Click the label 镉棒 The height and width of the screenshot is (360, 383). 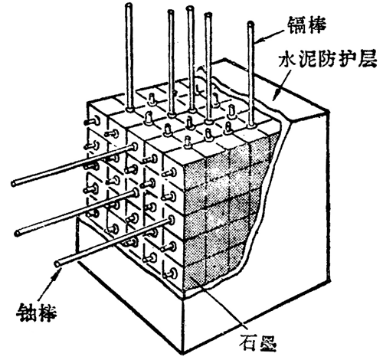(x=306, y=25)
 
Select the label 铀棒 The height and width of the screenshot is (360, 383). (x=36, y=313)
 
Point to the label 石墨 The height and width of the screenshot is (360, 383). (x=257, y=342)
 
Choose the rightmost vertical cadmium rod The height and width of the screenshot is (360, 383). (x=251, y=74)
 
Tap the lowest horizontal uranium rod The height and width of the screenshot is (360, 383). (x=114, y=241)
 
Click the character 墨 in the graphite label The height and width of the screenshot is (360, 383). (x=267, y=342)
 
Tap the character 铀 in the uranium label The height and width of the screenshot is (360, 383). (x=26, y=313)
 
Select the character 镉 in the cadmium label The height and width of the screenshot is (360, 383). (x=296, y=25)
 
